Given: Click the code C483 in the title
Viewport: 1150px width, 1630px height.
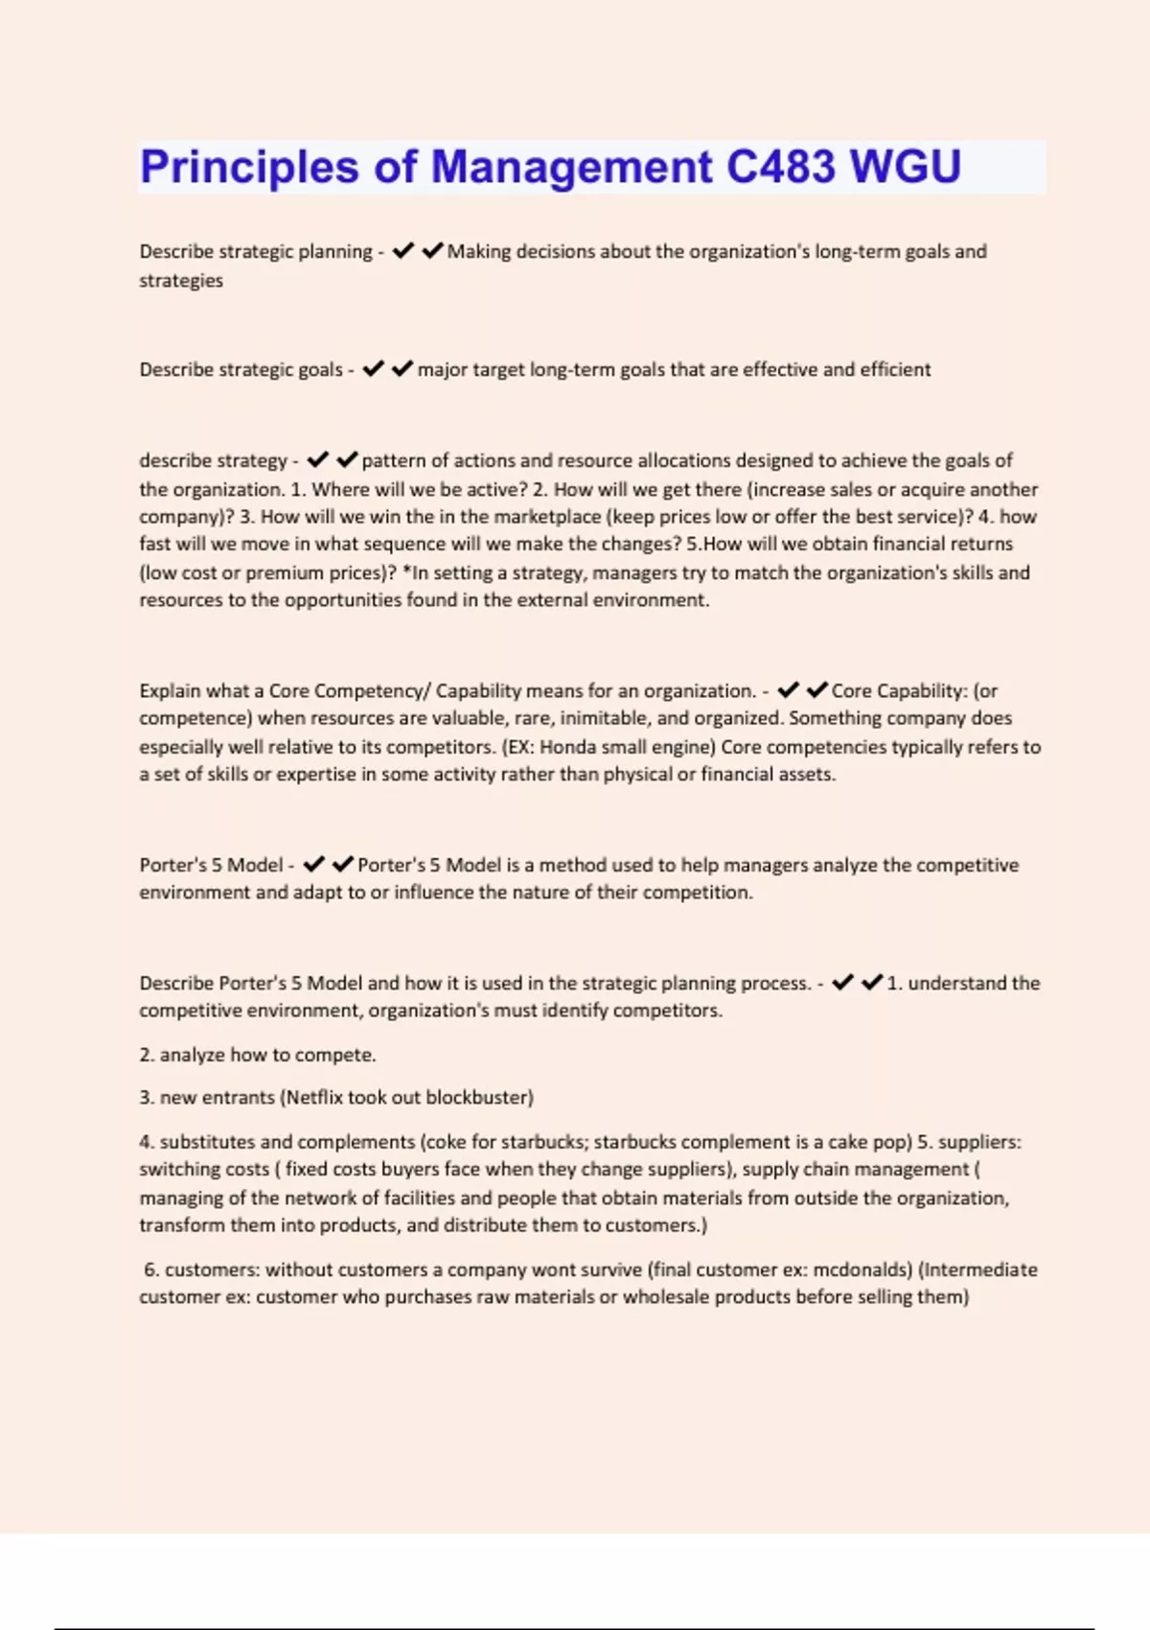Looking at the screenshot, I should (780, 167).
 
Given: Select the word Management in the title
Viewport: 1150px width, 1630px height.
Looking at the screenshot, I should (571, 167).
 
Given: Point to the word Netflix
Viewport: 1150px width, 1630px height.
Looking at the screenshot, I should (313, 1097).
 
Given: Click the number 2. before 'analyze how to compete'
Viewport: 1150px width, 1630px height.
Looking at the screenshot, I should (147, 1055).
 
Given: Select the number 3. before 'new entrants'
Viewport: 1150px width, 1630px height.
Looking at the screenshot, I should (147, 1097).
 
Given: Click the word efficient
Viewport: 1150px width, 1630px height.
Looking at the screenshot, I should (895, 369).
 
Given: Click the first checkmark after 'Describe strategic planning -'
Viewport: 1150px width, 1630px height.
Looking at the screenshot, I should (402, 251).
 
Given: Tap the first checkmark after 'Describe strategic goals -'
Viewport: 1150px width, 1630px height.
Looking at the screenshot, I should (373, 369).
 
